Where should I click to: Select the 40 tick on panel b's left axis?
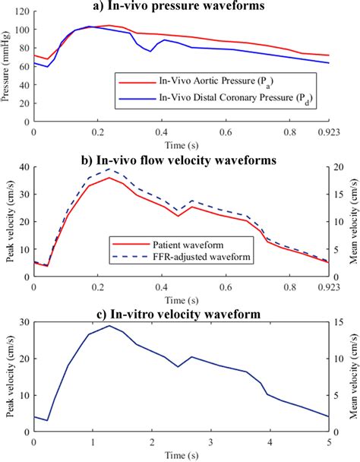24,168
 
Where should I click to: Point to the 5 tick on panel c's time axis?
328,441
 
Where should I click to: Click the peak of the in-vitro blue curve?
109,326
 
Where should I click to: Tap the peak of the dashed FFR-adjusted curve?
109,169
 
